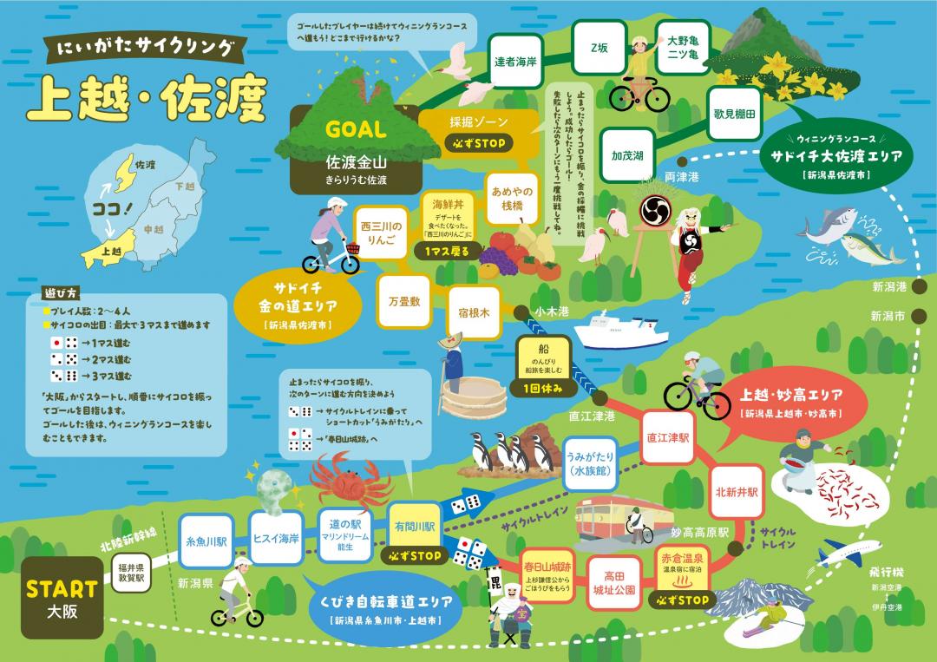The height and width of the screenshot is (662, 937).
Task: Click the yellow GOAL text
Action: [355, 130]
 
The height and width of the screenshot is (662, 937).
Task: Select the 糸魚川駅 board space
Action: [206, 540]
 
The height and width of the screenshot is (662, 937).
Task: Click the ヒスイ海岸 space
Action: [276, 538]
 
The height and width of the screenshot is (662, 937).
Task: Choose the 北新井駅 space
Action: [737, 491]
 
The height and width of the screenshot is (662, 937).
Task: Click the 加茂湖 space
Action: [626, 156]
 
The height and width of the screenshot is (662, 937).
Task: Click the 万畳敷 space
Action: [404, 300]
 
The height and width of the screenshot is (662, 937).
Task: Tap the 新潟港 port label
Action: [888, 286]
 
